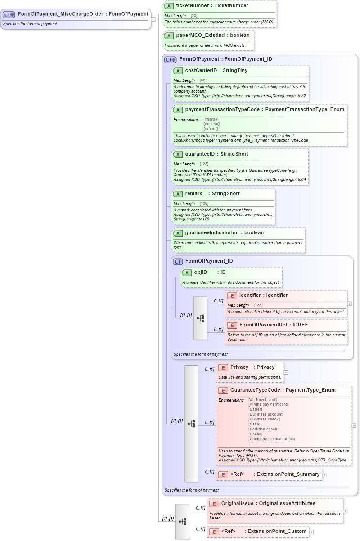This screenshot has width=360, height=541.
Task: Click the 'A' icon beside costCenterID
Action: pos(178,71)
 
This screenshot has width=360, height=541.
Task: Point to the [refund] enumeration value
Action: pos(211,129)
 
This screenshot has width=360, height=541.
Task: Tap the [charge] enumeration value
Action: pos(211,119)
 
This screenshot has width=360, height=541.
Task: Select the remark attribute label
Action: pos(193,194)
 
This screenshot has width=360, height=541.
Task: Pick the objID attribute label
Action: pos(200,273)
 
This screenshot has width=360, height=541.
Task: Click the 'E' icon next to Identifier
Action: pos(232,295)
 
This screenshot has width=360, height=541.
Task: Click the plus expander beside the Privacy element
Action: pos(286,372)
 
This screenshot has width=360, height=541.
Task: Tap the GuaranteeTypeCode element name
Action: pos(255,390)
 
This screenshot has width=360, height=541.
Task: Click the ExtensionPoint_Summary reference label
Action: pos(288,474)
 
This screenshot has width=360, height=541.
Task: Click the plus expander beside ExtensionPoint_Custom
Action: pos(311,532)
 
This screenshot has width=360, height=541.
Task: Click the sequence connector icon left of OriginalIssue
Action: pos(182,521)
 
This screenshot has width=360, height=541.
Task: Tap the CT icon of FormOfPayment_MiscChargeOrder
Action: pos(9,14)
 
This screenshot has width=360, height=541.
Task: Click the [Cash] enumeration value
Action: pos(254,424)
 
